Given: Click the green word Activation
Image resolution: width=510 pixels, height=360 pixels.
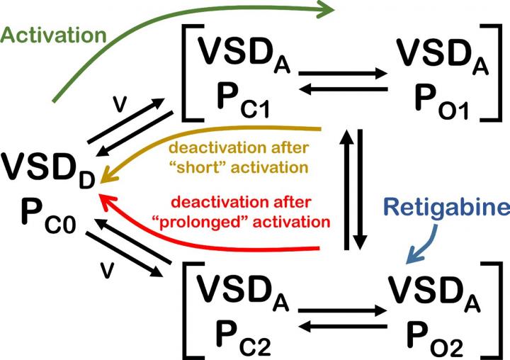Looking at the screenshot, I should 54,35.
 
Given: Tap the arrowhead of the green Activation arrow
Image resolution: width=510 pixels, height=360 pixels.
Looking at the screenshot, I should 325,10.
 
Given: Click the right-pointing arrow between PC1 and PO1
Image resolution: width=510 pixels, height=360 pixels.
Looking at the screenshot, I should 343,72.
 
